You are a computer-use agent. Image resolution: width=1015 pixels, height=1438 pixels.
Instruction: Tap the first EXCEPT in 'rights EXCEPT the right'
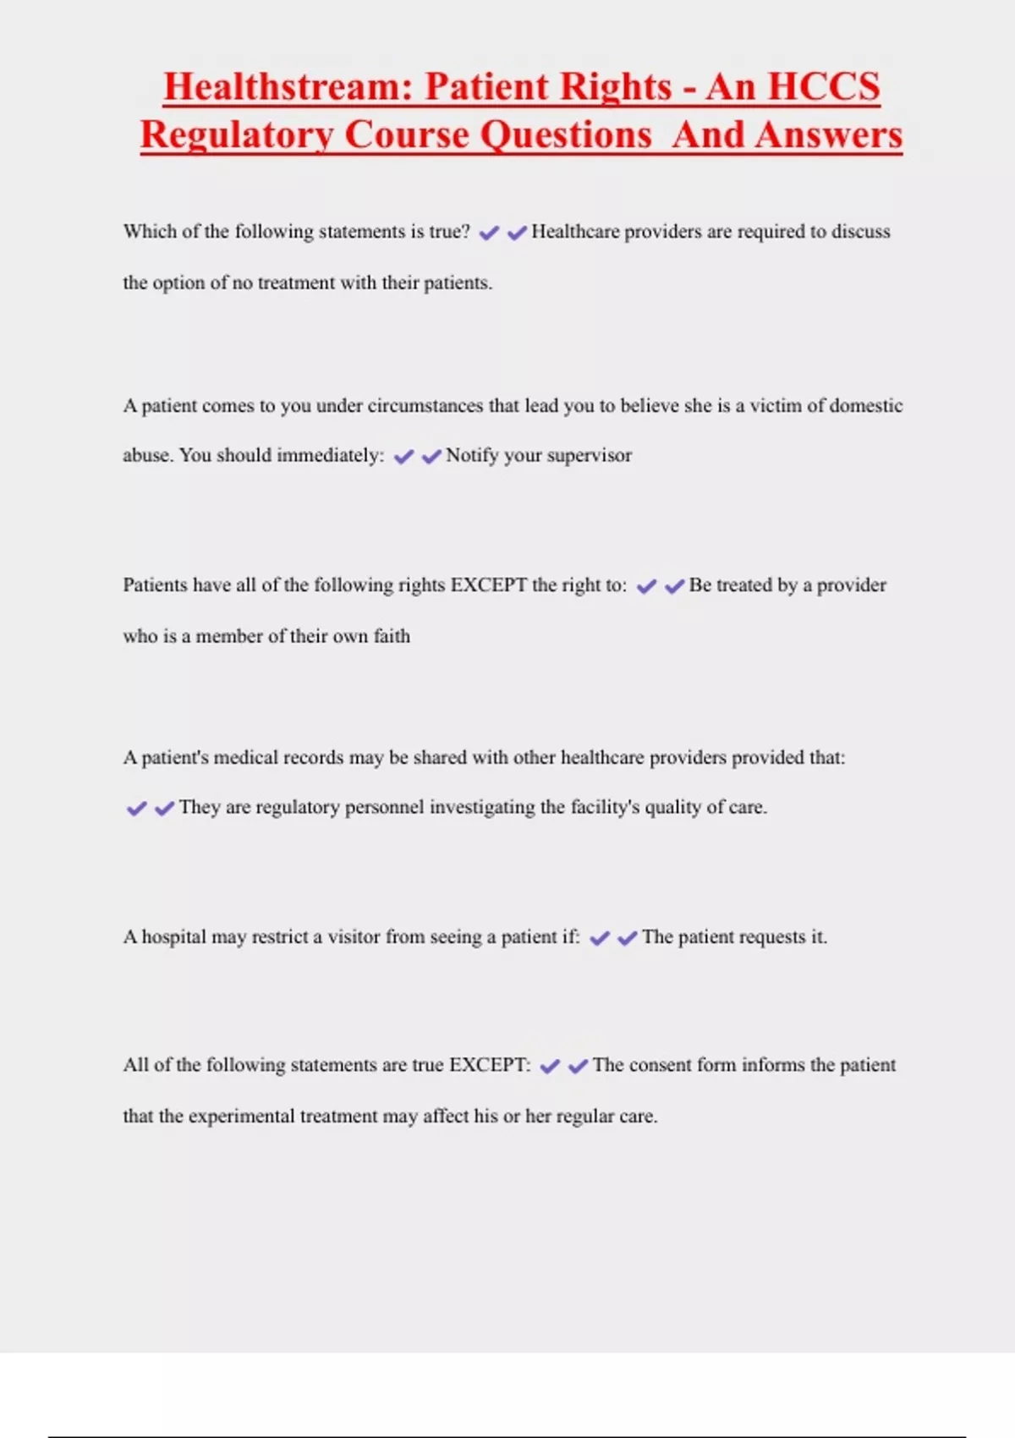(488, 585)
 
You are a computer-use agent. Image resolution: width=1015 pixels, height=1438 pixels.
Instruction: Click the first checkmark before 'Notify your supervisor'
(404, 457)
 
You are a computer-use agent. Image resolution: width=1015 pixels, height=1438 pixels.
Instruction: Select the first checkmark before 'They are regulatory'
(136, 809)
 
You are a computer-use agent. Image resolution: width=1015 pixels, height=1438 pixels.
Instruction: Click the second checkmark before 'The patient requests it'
(627, 938)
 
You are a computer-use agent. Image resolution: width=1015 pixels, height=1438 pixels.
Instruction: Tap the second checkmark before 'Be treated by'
(674, 586)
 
